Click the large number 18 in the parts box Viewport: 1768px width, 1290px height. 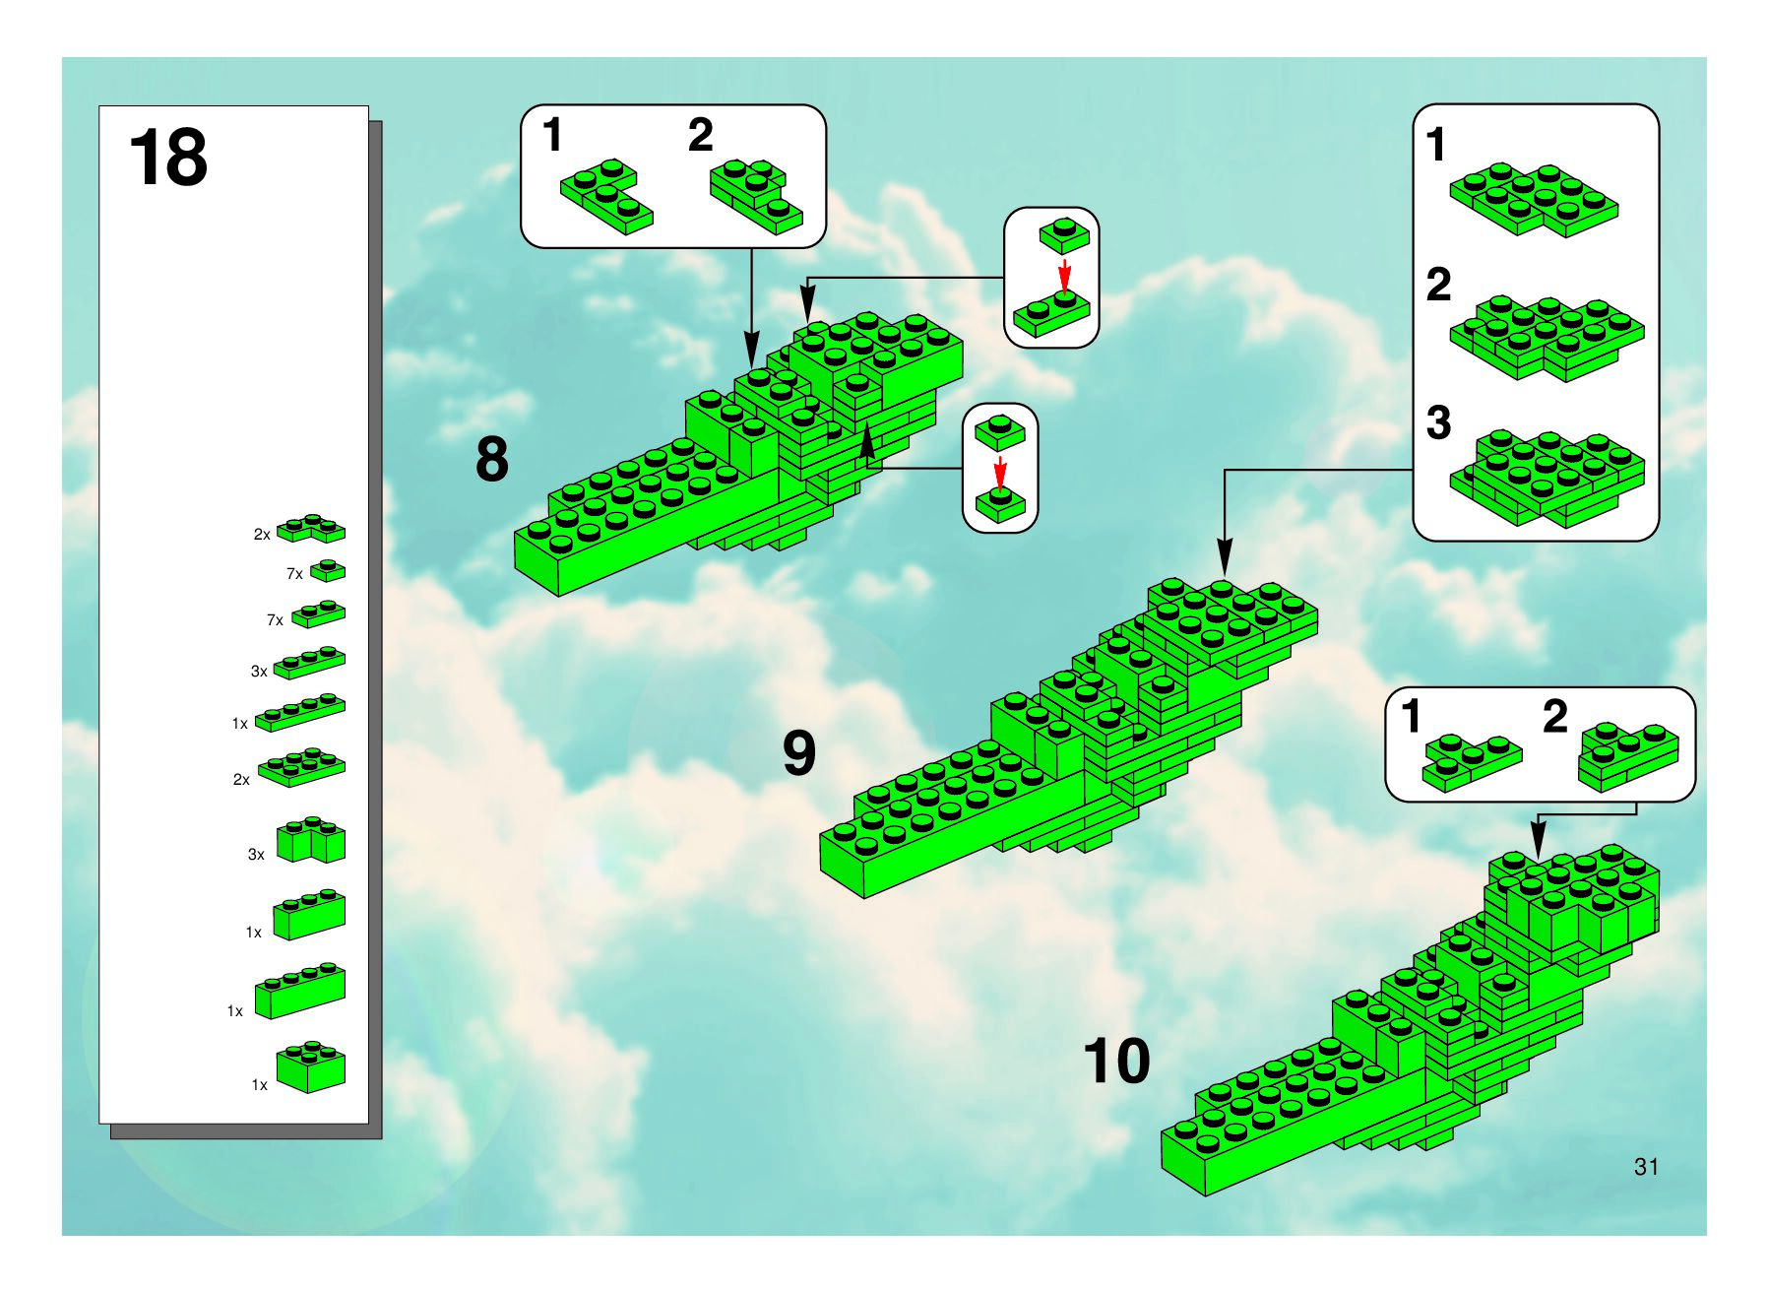[168, 158]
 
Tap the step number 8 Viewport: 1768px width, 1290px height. [492, 459]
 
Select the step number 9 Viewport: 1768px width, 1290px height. [799, 752]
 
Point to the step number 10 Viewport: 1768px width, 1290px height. [1116, 1061]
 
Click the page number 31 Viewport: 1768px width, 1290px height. [1646, 1167]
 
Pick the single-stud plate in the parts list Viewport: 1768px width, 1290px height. [328, 570]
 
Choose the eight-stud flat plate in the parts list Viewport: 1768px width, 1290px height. [302, 767]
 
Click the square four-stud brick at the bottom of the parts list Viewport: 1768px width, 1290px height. [311, 1067]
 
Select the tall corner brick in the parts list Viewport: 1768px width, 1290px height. [311, 841]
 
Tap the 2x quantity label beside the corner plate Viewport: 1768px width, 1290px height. [262, 535]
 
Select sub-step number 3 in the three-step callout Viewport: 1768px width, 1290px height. [1438, 422]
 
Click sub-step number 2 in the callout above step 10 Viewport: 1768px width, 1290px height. [1555, 717]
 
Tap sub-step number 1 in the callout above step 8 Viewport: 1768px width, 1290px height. [552, 135]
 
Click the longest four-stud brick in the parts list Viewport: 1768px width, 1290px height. [300, 990]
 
